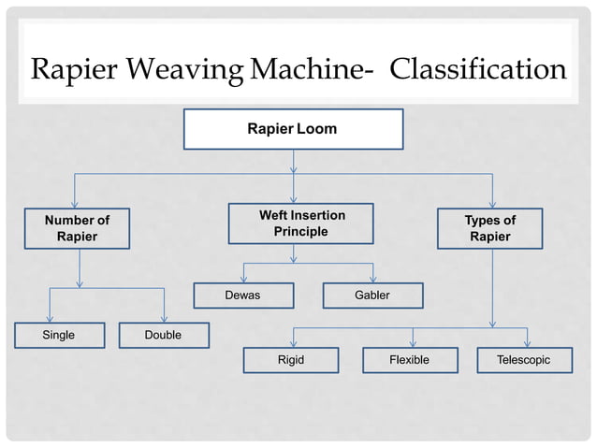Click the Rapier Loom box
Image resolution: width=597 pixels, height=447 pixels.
click(x=293, y=129)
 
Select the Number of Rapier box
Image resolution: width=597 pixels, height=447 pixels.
click(x=78, y=229)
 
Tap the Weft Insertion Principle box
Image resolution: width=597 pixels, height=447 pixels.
click(x=301, y=223)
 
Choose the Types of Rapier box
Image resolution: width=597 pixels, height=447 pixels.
click(x=489, y=229)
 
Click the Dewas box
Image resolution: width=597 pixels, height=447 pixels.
click(x=243, y=296)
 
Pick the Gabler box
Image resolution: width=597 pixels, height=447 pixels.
click(x=372, y=296)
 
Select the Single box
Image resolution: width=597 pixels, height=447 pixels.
click(x=59, y=335)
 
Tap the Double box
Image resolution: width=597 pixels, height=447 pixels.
click(x=164, y=335)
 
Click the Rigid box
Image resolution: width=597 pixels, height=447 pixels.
click(x=291, y=360)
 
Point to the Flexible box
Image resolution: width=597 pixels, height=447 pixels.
click(x=410, y=360)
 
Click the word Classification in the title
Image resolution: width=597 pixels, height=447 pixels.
click(x=477, y=70)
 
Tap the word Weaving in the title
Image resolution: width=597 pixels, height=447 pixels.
click(x=187, y=70)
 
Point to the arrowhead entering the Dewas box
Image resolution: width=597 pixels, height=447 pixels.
click(x=243, y=279)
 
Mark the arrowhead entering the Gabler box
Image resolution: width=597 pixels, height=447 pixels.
click(x=373, y=279)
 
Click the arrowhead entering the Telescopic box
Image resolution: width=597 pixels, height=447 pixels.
click(x=528, y=343)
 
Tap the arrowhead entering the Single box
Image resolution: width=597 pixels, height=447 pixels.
click(x=50, y=318)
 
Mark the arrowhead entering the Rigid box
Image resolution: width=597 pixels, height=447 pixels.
click(x=294, y=343)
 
